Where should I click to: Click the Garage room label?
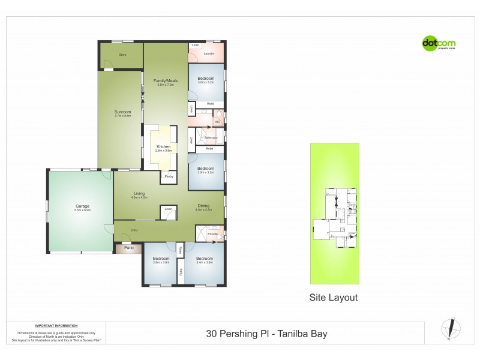82,206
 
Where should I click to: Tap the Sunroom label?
122,112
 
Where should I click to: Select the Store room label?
122,55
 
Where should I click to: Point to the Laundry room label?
209,54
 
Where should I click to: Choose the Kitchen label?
164,147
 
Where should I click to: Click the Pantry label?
169,177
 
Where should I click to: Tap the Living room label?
139,194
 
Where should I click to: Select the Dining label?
204,206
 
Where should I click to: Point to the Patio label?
128,247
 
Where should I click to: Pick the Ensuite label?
212,234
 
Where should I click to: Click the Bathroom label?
211,137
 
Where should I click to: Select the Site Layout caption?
333,297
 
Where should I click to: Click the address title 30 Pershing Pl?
266,334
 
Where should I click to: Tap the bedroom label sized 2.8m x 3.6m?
161,260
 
